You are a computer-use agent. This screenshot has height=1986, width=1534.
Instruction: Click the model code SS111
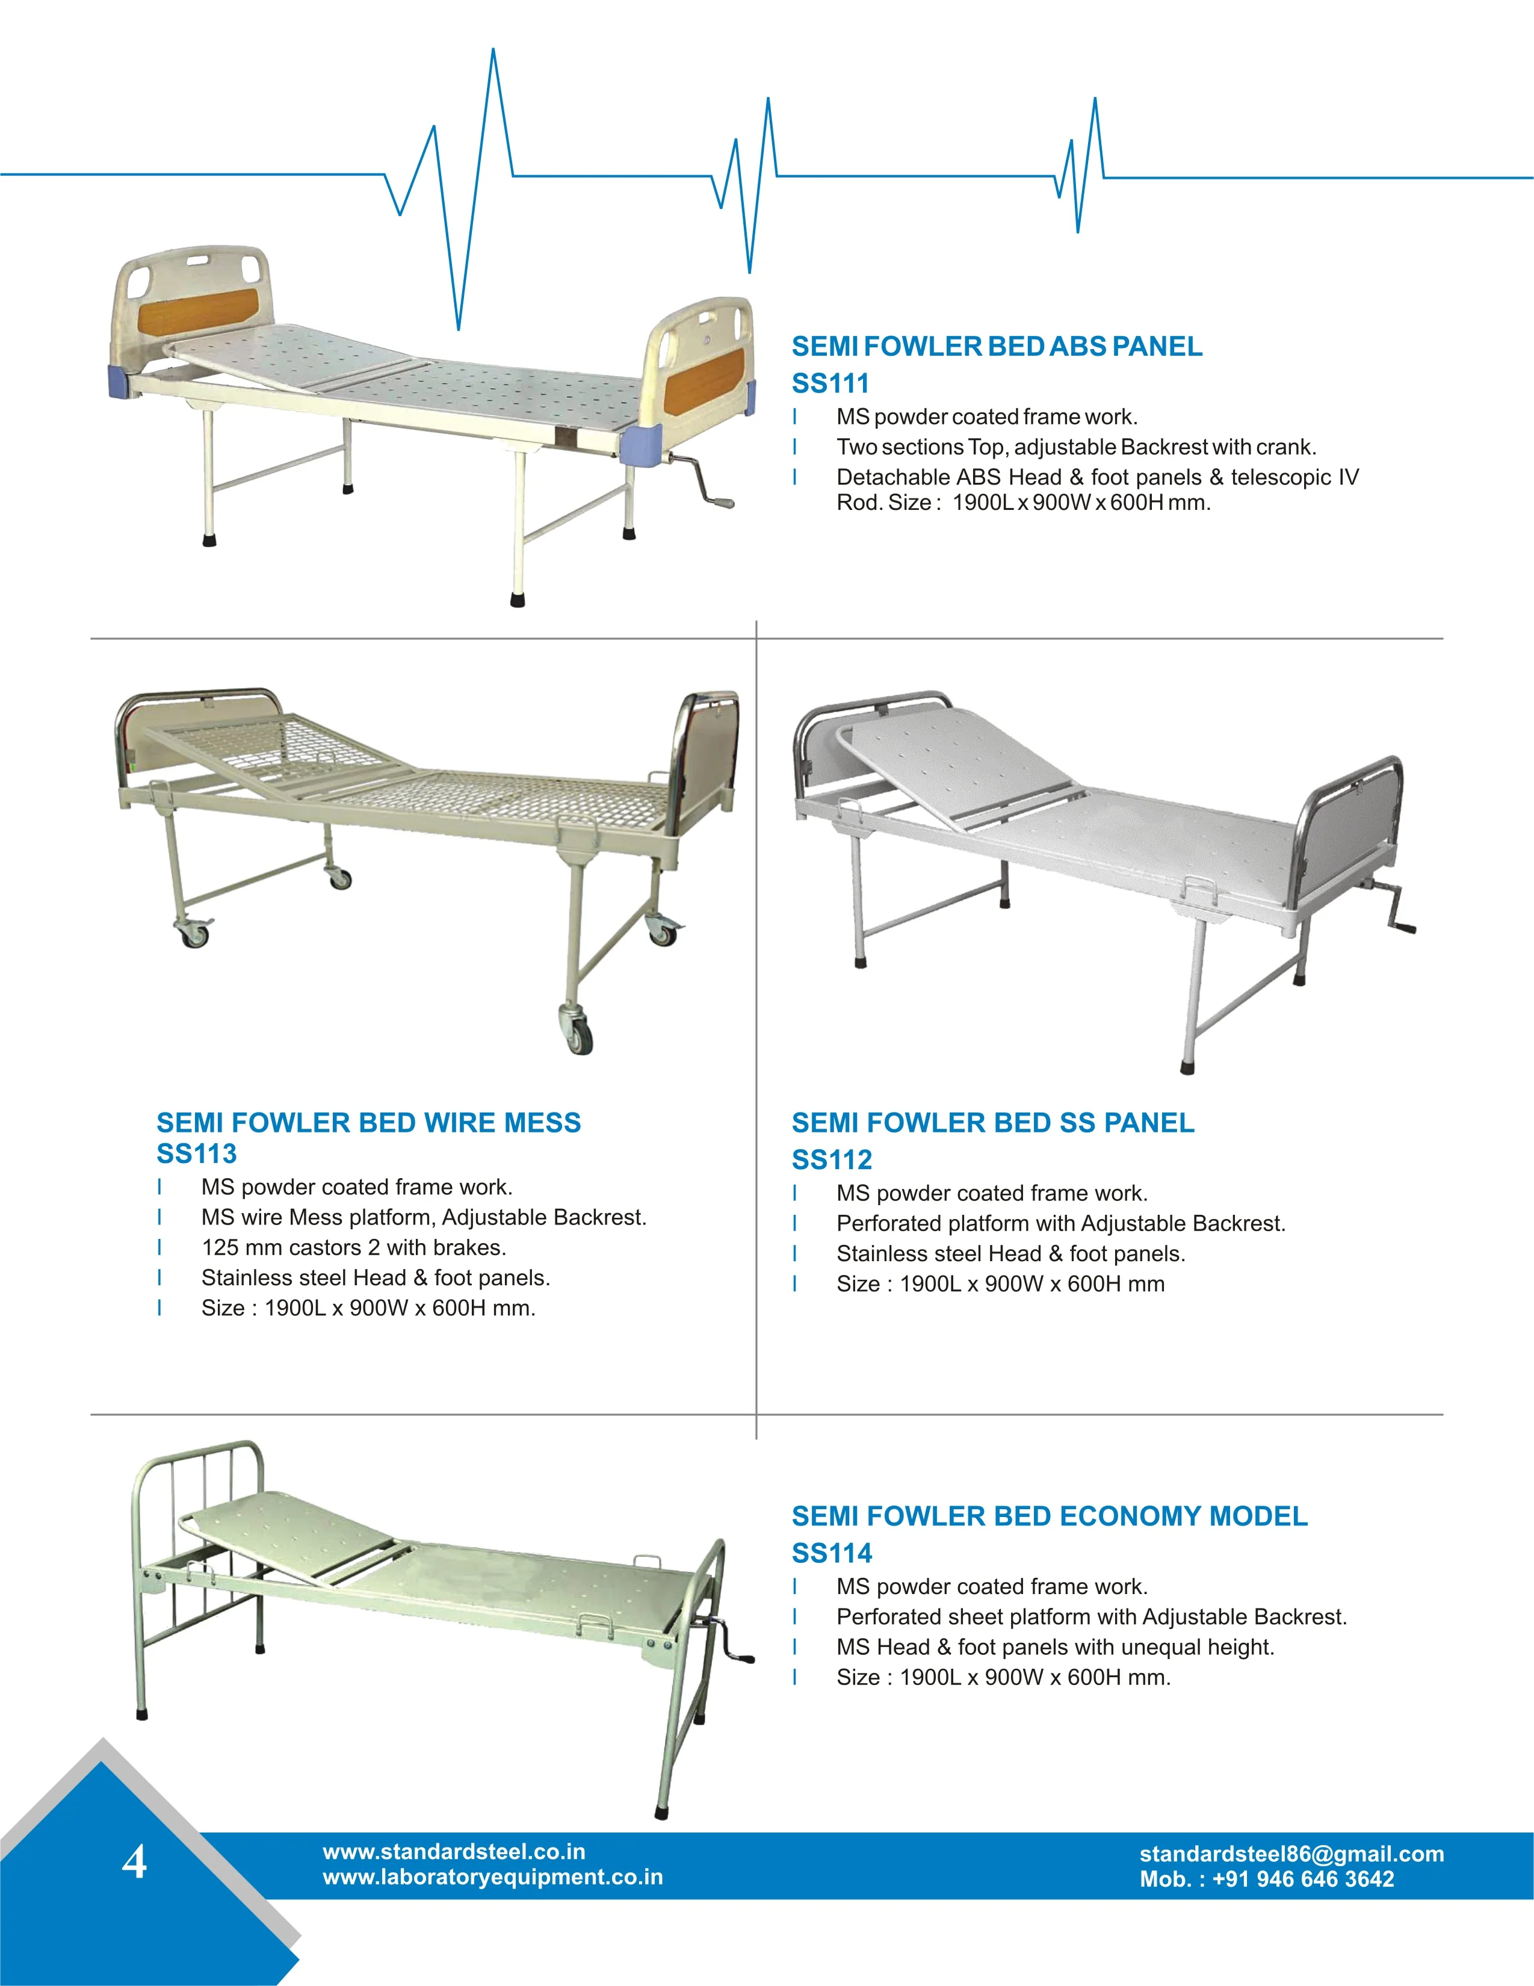(x=829, y=383)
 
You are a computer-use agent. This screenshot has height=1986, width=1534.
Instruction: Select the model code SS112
(x=831, y=1159)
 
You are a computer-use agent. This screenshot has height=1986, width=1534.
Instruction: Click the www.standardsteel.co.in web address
(x=454, y=1851)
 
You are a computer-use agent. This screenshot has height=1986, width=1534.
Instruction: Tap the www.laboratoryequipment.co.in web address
(x=492, y=1877)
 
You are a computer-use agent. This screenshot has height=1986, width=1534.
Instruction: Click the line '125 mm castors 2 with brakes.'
(x=354, y=1247)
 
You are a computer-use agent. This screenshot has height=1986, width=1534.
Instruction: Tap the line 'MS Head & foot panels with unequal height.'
(x=1055, y=1647)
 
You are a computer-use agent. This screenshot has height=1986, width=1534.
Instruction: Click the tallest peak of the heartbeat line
(x=493, y=55)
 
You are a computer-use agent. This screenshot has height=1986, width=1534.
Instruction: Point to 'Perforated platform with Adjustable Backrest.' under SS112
(x=1060, y=1223)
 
